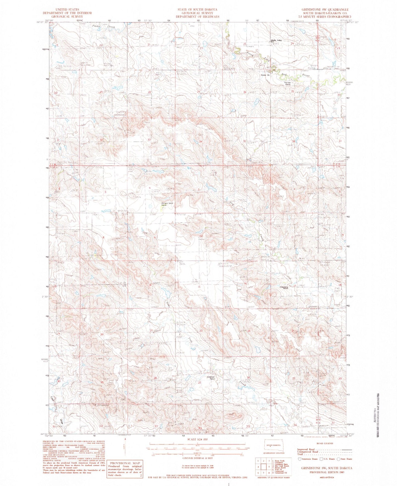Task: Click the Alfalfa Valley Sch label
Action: click(x=276, y=41)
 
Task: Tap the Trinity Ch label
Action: click(x=265, y=75)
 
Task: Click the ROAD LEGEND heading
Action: click(x=325, y=443)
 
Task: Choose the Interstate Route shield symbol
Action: click(x=299, y=459)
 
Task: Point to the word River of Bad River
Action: click(x=306, y=75)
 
